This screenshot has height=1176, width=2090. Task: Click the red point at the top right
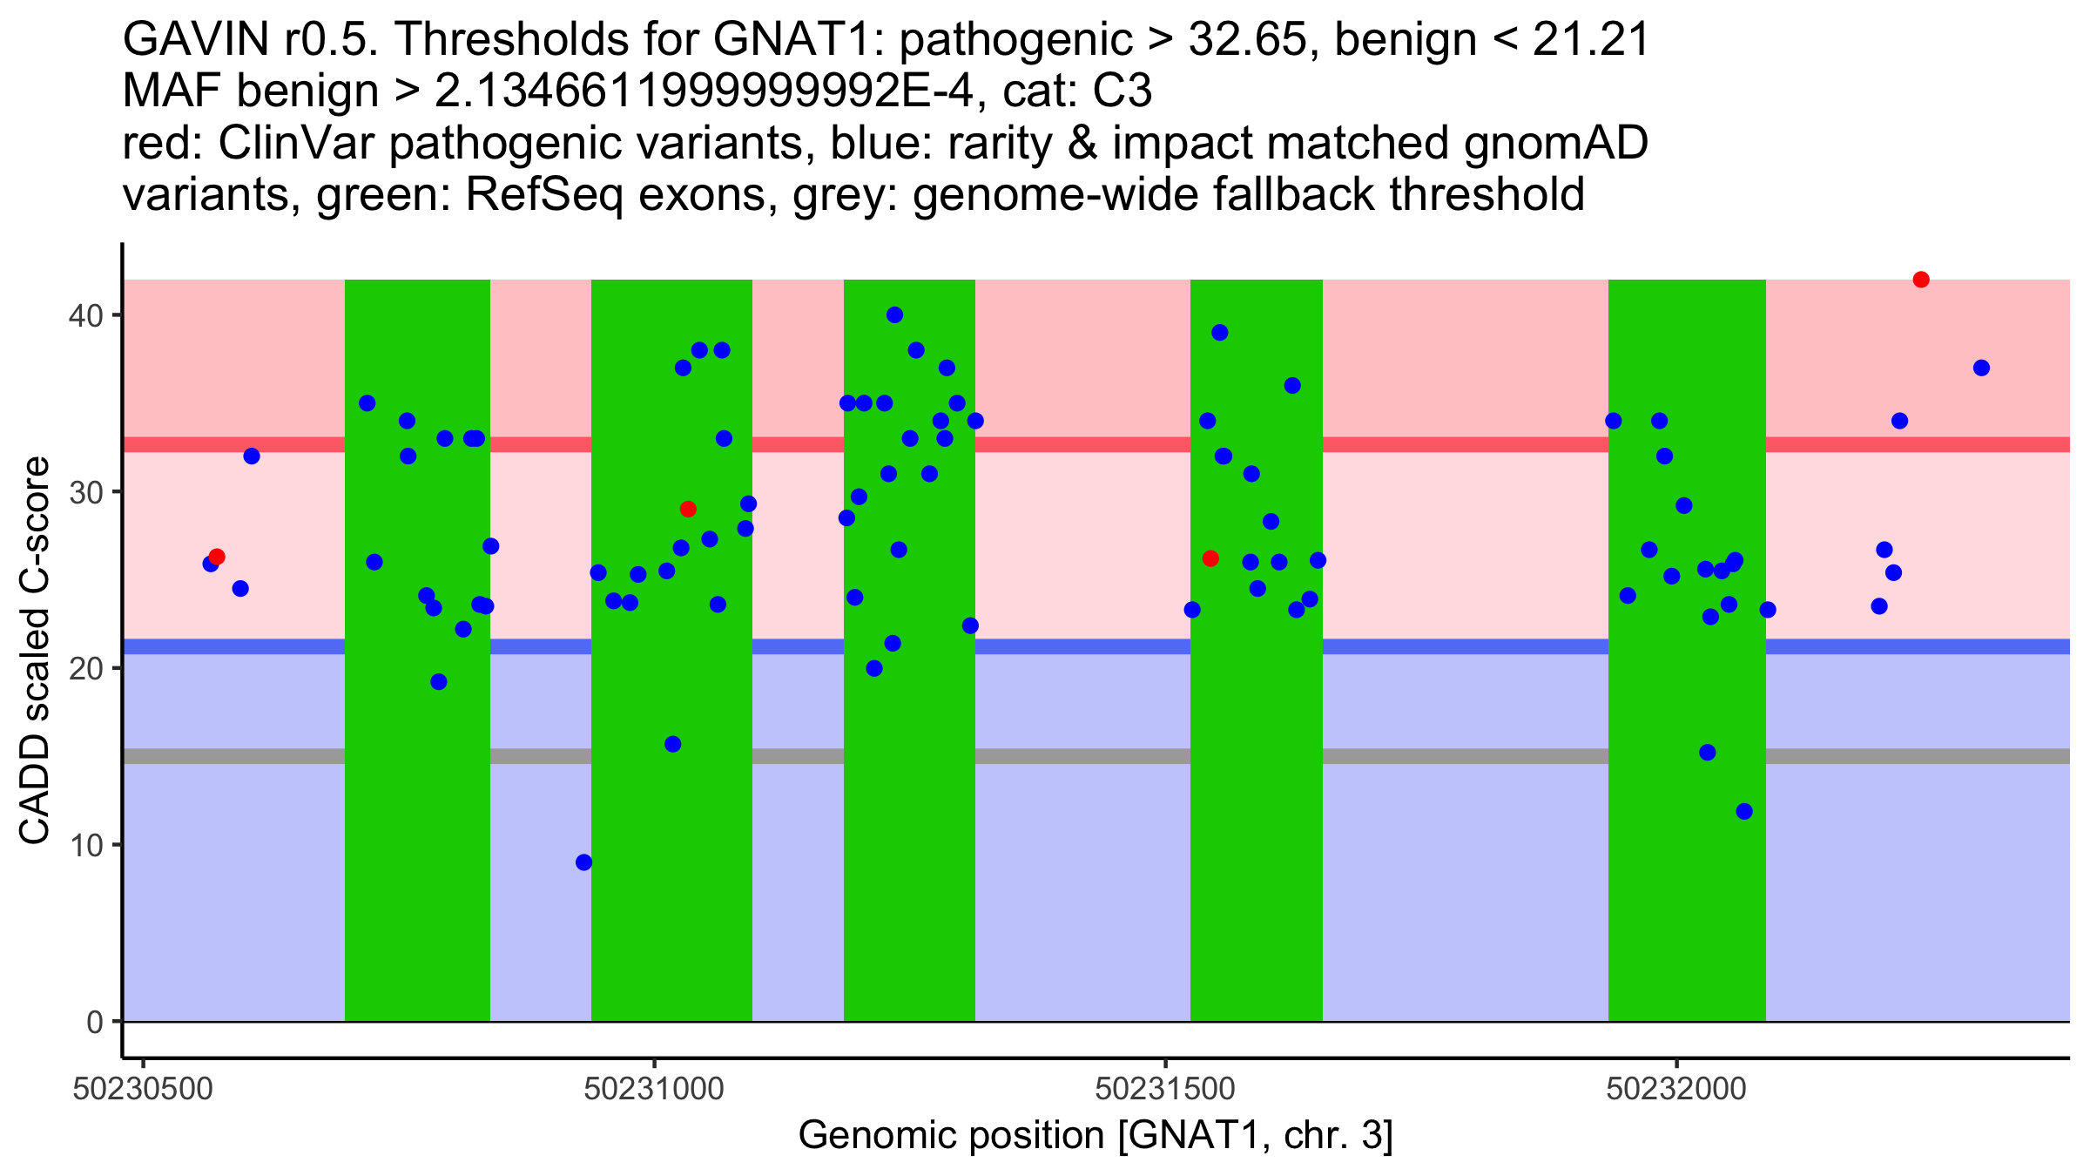click(x=1921, y=280)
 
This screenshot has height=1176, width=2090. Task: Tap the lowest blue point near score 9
click(x=584, y=862)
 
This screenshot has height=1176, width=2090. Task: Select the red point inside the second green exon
click(x=688, y=509)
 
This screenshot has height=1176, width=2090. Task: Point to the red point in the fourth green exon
click(x=1210, y=558)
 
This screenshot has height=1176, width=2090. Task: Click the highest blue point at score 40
click(x=894, y=314)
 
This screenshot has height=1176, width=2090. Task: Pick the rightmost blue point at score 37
click(x=1981, y=368)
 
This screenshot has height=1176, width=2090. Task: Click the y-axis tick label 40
click(x=84, y=315)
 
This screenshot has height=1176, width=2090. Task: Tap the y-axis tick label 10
click(x=84, y=845)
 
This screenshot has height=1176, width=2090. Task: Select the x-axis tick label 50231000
click(x=654, y=1089)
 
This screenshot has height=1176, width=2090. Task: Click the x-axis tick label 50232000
click(x=1676, y=1089)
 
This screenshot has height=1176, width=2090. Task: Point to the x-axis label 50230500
click(x=143, y=1089)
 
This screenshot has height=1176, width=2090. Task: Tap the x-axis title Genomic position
click(x=1096, y=1136)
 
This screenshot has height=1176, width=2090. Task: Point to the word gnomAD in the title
click(x=1555, y=143)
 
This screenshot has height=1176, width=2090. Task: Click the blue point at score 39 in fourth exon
click(x=1219, y=333)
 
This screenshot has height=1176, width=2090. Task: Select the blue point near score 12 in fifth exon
click(x=1744, y=812)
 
